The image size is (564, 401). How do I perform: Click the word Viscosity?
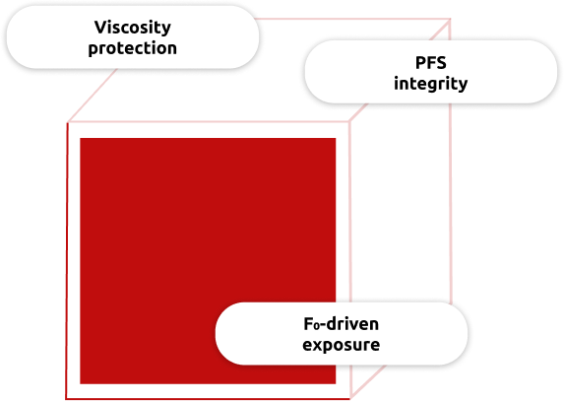click(x=133, y=28)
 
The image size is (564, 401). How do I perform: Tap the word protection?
click(x=132, y=48)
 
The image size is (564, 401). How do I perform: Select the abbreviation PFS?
click(x=431, y=63)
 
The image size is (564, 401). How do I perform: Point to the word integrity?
click(x=431, y=84)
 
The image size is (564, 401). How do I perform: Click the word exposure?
click(x=341, y=345)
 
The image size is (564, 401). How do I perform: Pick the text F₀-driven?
click(x=341, y=324)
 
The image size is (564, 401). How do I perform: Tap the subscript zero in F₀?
click(x=319, y=327)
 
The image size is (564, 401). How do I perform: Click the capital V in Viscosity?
click(x=100, y=28)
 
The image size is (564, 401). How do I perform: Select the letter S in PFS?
click(x=441, y=63)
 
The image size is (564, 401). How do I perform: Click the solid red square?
click(x=208, y=261)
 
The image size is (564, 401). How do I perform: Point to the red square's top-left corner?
click(x=80, y=138)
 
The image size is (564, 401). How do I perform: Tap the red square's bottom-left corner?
click(x=80, y=384)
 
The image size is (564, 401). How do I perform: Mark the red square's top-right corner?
click(x=336, y=138)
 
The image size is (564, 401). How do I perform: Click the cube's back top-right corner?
click(x=451, y=19)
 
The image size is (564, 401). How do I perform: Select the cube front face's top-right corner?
click(x=349, y=122)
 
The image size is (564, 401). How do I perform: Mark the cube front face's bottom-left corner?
click(x=66, y=398)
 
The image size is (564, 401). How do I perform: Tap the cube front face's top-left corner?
click(x=68, y=122)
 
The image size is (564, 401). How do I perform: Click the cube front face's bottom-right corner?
click(x=350, y=398)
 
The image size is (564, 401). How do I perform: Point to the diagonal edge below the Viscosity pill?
click(x=93, y=95)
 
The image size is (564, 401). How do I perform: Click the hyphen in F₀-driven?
click(x=326, y=325)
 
